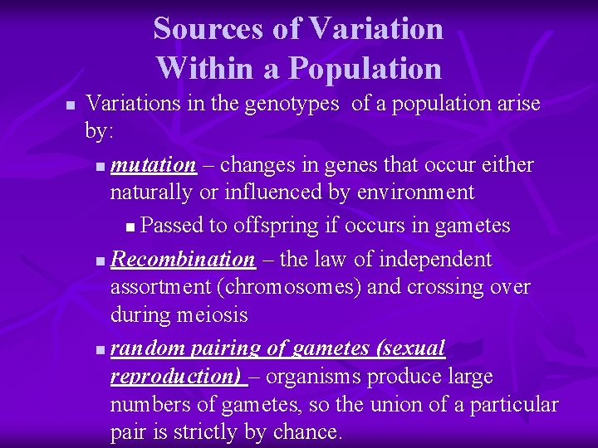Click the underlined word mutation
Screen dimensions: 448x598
[154, 165]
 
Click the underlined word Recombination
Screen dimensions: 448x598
[183, 260]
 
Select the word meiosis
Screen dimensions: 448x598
[212, 316]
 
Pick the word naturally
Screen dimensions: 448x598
[149, 193]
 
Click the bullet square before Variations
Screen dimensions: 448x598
[70, 105]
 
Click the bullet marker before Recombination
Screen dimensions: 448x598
[100, 261]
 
